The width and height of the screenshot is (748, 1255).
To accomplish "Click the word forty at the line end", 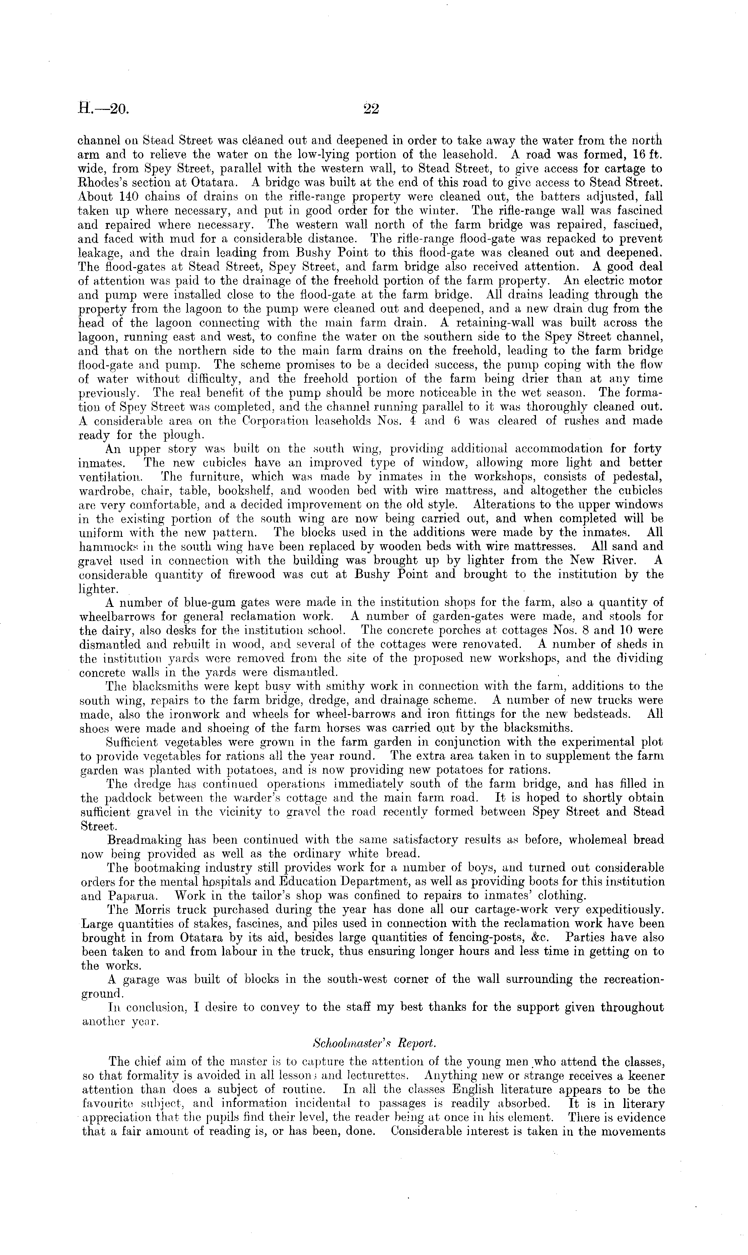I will tap(648, 449).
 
